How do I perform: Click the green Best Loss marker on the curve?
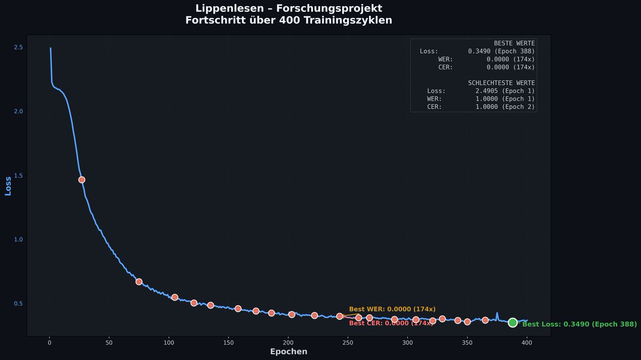tap(512, 323)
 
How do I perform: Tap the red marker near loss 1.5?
tap(82, 179)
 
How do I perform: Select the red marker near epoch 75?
tap(139, 281)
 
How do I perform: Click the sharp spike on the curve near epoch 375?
tap(497, 314)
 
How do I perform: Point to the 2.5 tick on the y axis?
tap(18, 47)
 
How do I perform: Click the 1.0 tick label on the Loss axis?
tap(18, 239)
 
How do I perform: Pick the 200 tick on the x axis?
tap(288, 342)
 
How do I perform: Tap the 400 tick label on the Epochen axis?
tap(527, 342)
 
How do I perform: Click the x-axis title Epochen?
tap(288, 351)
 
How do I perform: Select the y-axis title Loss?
tap(8, 186)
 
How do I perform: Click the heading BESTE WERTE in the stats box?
tap(514, 43)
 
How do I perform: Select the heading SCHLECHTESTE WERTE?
tap(502, 83)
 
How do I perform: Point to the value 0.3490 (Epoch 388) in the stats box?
tap(502, 51)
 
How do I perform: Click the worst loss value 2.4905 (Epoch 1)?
tap(505, 91)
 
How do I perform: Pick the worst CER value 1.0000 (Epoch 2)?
tap(505, 107)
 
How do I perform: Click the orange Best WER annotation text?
tap(392, 309)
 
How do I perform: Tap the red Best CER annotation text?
tap(391, 323)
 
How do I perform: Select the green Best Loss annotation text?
tap(580, 324)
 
